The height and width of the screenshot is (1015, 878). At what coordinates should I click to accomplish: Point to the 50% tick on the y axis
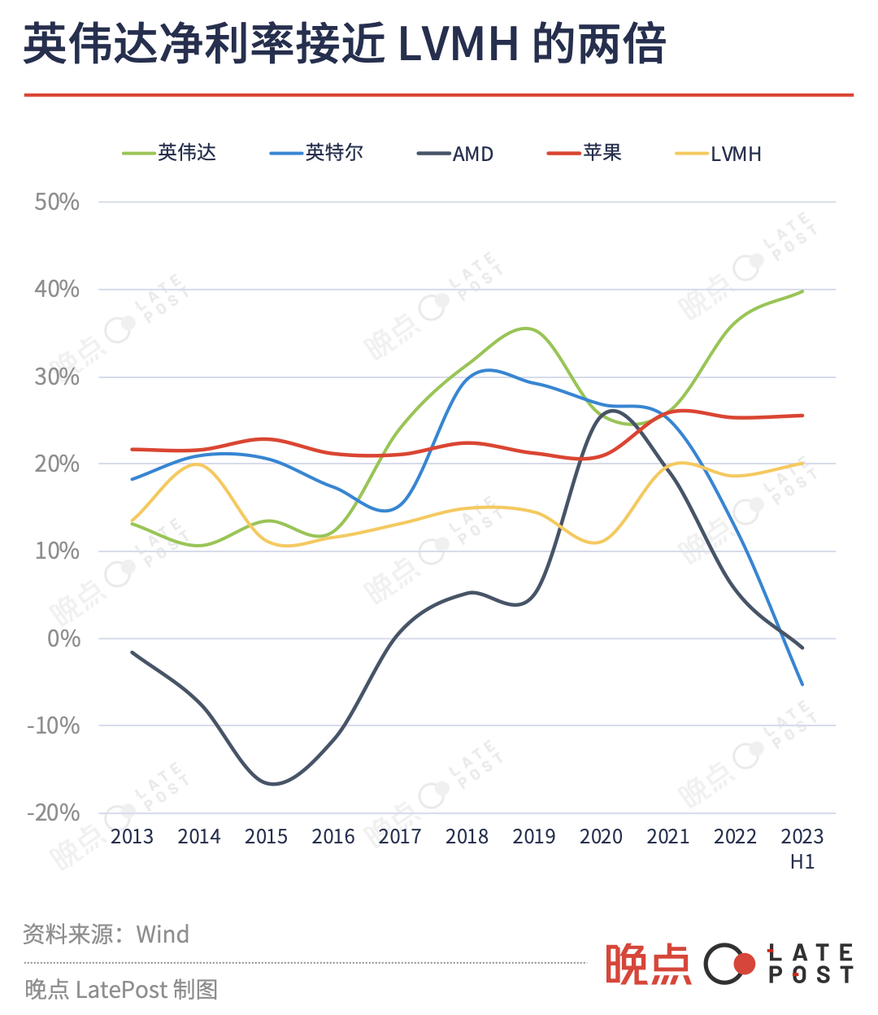tap(57, 202)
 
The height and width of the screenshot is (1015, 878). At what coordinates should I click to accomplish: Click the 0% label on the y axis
tap(63, 638)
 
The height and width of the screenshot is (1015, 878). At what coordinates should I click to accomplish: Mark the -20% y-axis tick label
tap(54, 812)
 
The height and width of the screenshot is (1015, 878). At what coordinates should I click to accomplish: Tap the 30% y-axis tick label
tap(57, 377)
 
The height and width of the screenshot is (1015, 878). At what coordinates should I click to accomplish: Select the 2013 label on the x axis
tap(132, 836)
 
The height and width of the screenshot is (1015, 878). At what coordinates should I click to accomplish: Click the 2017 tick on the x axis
tap(400, 836)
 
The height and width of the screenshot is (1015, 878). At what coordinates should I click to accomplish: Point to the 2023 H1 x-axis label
tap(802, 847)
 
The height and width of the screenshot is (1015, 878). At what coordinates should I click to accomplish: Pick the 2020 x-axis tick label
tap(601, 836)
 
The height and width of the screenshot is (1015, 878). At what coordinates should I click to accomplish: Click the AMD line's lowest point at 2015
tap(272, 784)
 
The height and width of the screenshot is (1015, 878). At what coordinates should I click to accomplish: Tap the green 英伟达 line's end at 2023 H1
tap(802, 291)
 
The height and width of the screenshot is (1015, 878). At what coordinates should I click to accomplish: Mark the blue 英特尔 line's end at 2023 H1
tap(802, 684)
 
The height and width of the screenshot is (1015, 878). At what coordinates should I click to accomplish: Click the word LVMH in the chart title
tap(459, 44)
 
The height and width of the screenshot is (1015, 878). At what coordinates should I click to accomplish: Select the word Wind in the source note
tap(163, 934)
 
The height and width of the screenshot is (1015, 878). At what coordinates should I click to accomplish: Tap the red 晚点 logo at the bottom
tap(647, 965)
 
